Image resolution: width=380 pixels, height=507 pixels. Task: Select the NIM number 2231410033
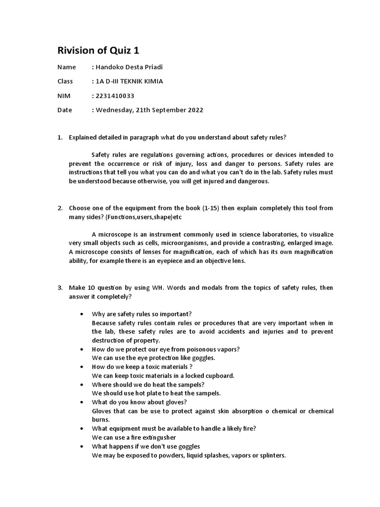[x=114, y=96]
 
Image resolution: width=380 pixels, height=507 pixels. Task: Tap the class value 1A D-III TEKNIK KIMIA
[x=129, y=81]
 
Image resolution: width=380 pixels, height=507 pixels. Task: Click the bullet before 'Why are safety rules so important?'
[x=81, y=314]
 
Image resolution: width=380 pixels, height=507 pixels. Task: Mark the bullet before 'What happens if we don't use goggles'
[x=81, y=447]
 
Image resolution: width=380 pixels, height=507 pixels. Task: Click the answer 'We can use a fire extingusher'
[x=134, y=438]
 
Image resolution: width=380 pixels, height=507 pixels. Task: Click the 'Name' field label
[x=67, y=67]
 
